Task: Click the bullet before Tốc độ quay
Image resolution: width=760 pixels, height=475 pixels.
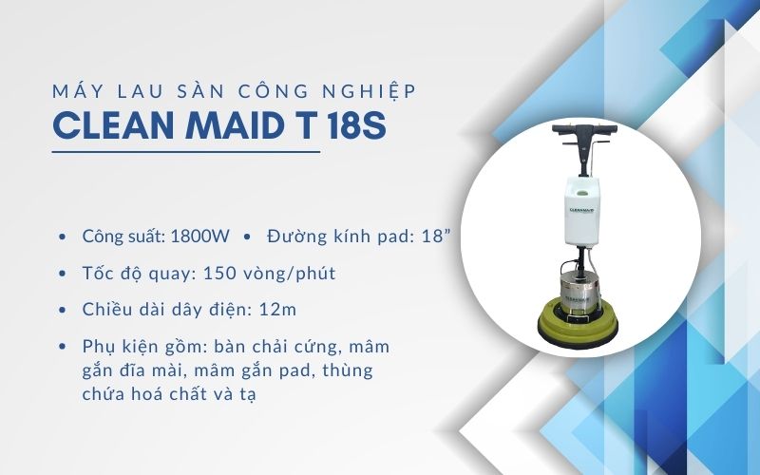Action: pos(63,275)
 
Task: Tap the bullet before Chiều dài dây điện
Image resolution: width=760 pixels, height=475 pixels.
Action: pos(63,311)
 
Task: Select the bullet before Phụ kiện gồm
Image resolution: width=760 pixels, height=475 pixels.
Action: pos(63,347)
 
